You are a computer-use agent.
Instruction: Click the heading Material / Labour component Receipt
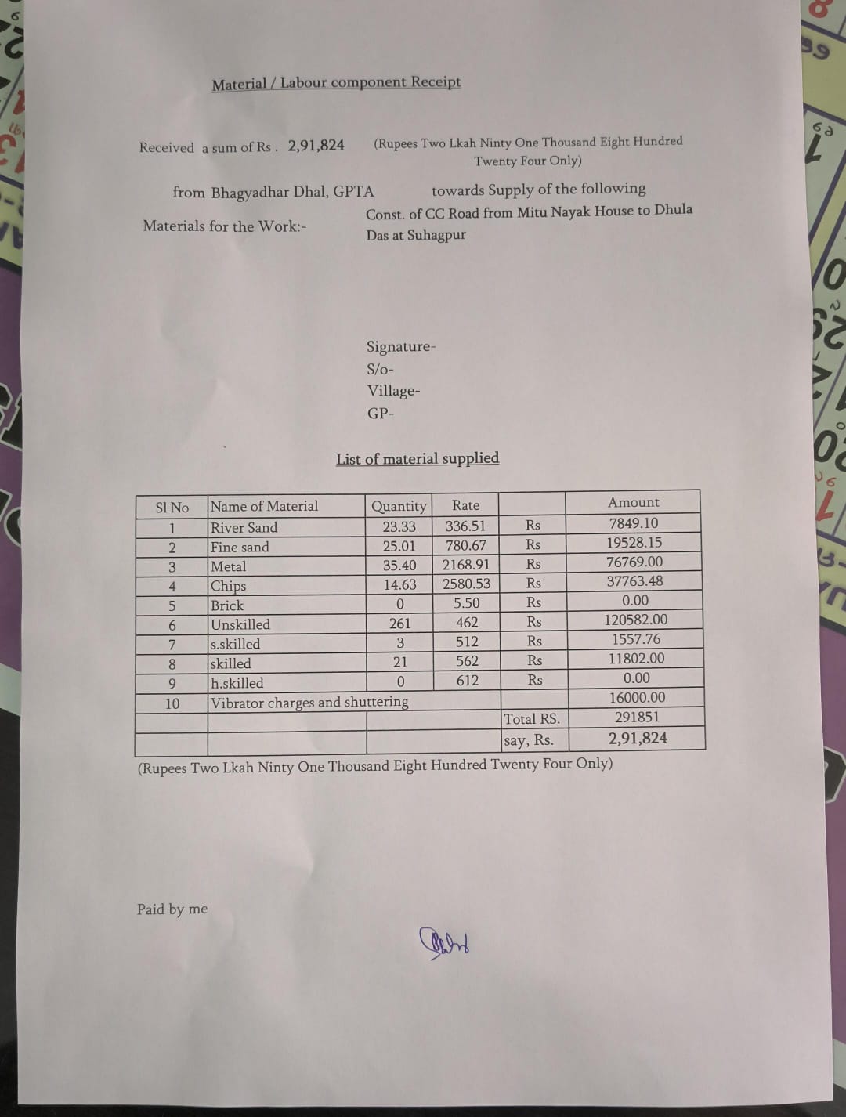pyautogui.click(x=336, y=83)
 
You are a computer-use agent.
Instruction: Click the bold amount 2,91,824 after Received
pyautogui.click(x=316, y=146)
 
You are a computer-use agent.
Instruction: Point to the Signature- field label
pyautogui.click(x=400, y=347)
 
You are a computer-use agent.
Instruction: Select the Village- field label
pyautogui.click(x=393, y=391)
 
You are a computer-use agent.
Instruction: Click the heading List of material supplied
pyautogui.click(x=417, y=459)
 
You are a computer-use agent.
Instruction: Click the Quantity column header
pyautogui.click(x=399, y=506)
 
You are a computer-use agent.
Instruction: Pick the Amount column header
pyautogui.click(x=633, y=503)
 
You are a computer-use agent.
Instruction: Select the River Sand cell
pyautogui.click(x=244, y=528)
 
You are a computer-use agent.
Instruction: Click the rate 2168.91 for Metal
pyautogui.click(x=466, y=565)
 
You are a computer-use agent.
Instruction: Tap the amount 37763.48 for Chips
pyautogui.click(x=634, y=581)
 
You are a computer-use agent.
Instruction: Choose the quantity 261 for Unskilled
pyautogui.click(x=399, y=624)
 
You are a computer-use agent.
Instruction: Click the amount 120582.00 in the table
pyautogui.click(x=635, y=620)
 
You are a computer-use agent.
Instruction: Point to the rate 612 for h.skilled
pyautogui.click(x=467, y=681)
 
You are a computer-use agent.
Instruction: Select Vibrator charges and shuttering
pyautogui.click(x=309, y=703)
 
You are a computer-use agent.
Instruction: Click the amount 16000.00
pyautogui.click(x=637, y=698)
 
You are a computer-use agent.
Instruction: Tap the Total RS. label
pyautogui.click(x=532, y=719)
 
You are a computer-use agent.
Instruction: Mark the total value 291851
pyautogui.click(x=637, y=718)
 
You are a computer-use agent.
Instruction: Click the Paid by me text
pyautogui.click(x=172, y=909)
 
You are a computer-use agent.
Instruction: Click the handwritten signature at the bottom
pyautogui.click(x=445, y=942)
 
